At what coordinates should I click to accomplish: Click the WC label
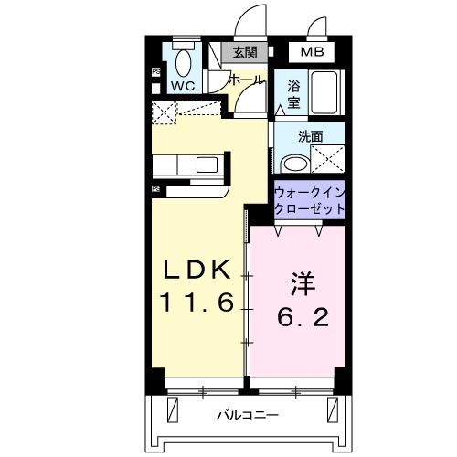[182, 86]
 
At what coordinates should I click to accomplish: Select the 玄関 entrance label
[244, 52]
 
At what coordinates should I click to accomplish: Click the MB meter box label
[313, 52]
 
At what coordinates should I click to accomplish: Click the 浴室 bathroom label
[294, 94]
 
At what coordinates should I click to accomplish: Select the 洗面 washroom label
[311, 137]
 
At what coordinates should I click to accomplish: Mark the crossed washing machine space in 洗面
[328, 161]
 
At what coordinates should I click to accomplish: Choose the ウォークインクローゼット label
[310, 201]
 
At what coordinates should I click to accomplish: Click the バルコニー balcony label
[249, 416]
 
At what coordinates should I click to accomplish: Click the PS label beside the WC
[155, 71]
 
